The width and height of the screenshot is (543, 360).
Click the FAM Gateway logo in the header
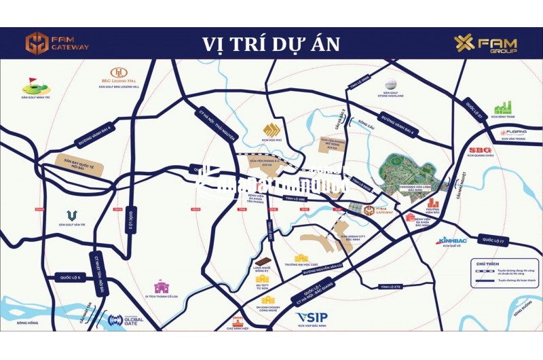(57, 43)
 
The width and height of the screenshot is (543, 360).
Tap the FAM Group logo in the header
(485, 43)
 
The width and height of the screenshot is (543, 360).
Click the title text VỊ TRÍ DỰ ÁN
(271, 44)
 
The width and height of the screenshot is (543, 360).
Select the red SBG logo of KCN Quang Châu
(481, 151)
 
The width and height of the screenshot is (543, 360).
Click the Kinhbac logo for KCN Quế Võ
(451, 240)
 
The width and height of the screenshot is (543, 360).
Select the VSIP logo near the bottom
(312, 317)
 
